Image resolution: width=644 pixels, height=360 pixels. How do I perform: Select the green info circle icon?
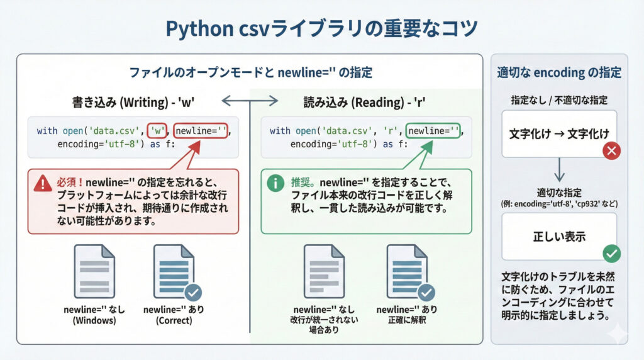(x=275, y=183)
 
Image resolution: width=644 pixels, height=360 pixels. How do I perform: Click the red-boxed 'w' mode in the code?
(x=158, y=131)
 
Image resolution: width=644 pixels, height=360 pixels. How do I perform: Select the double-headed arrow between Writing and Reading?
(x=250, y=100)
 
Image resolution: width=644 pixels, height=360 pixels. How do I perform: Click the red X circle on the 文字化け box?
(x=611, y=151)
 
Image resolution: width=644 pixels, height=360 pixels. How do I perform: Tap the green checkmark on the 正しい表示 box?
(x=611, y=254)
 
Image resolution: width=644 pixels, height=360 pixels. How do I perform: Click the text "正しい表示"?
(x=559, y=237)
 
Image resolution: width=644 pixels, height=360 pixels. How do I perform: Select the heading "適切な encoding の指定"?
(x=559, y=73)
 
